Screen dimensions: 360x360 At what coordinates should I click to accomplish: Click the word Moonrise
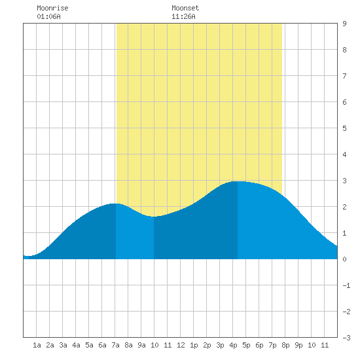click(x=52, y=8)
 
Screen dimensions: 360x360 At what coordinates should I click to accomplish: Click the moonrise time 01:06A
click(x=48, y=16)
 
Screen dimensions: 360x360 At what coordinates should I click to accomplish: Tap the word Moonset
click(x=185, y=8)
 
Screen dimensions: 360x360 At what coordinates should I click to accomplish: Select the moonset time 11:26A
click(x=183, y=16)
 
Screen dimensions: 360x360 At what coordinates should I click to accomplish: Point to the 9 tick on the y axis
click(x=344, y=24)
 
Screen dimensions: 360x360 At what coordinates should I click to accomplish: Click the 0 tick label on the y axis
click(x=344, y=259)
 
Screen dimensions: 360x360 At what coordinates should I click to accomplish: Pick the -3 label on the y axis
click(x=346, y=338)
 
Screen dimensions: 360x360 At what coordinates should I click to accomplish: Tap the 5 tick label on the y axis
click(x=344, y=128)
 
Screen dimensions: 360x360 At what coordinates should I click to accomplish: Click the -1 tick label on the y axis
click(x=346, y=285)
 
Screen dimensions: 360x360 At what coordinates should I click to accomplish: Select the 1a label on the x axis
click(x=37, y=345)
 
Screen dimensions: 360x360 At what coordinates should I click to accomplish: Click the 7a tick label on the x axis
click(x=115, y=345)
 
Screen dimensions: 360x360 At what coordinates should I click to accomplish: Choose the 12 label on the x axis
click(x=181, y=345)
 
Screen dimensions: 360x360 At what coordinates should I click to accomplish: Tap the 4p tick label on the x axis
click(x=233, y=345)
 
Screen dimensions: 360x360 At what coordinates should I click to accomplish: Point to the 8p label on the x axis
click(x=285, y=345)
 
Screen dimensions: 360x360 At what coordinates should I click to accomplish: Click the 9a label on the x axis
click(x=141, y=345)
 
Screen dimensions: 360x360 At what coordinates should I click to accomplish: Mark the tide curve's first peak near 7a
click(x=115, y=204)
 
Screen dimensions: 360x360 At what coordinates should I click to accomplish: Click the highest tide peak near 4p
click(x=238, y=181)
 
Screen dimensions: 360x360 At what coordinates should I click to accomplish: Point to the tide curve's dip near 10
click(x=154, y=217)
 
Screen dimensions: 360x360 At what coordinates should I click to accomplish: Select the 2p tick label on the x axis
click(x=207, y=345)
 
